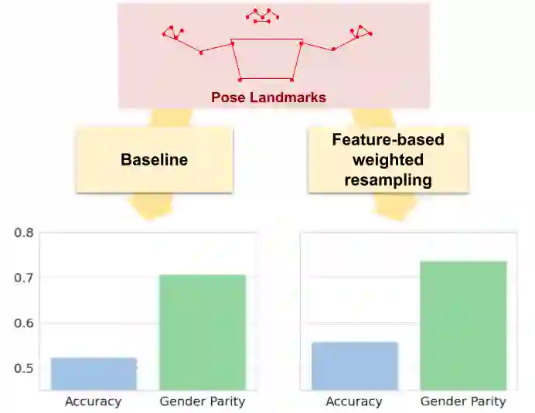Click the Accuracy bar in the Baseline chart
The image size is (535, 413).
coord(94,374)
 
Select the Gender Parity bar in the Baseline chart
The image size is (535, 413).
coord(202,332)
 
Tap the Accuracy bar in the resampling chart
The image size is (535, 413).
coord(354,366)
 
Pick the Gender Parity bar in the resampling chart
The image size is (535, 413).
coord(463,325)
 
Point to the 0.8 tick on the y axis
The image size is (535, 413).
coord(25,233)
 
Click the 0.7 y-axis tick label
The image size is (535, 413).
coord(25,278)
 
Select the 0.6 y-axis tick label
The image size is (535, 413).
coord(25,323)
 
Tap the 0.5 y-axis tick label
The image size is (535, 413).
coord(25,368)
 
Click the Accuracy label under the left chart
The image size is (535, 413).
coord(94,401)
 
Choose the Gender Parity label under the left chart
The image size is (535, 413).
coord(202,401)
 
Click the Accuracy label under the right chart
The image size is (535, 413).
coord(354,401)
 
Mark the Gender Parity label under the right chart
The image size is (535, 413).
coord(463,401)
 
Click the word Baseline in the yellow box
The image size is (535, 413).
coord(155,160)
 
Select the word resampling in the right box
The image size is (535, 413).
coord(388,179)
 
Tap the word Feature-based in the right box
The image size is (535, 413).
coord(388,141)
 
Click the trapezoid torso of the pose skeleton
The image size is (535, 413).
coord(266,60)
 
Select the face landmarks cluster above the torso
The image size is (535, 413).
coord(262,15)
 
